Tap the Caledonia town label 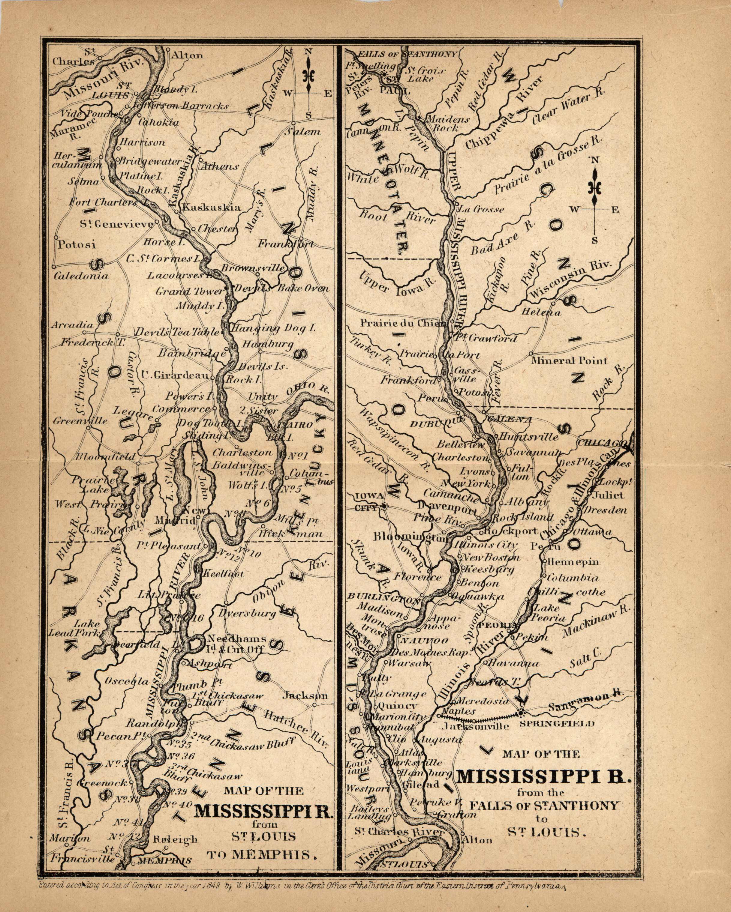click(81, 276)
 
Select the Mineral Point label click(569, 361)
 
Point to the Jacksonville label click(475, 726)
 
